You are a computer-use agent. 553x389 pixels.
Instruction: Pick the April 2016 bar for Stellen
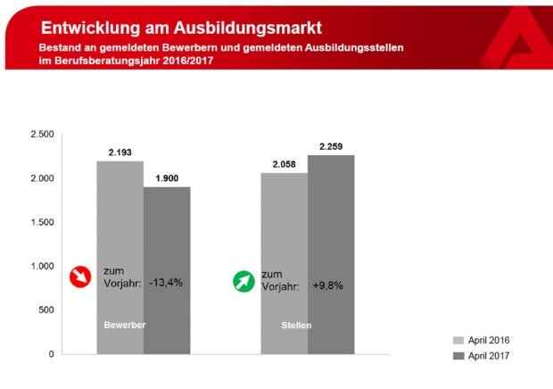[x=285, y=263]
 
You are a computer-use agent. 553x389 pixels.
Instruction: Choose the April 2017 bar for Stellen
[x=331, y=254]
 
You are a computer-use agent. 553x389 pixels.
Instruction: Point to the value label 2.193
[x=120, y=153]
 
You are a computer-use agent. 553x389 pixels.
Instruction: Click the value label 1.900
[x=167, y=178]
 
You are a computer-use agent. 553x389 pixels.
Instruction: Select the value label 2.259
[x=331, y=146]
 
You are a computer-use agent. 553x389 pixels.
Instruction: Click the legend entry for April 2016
[x=483, y=340]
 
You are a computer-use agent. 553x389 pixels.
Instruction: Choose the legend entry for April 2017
[x=483, y=356]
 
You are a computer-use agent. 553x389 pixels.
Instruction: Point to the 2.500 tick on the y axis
[x=42, y=134]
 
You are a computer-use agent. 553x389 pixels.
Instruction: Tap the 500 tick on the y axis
[x=46, y=310]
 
